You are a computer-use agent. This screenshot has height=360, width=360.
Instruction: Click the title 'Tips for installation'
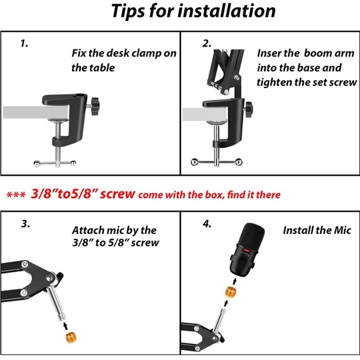(x=192, y=11)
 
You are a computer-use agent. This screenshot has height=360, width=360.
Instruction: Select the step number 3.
(x=25, y=224)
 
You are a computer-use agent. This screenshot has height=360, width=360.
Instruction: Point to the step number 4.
(x=207, y=224)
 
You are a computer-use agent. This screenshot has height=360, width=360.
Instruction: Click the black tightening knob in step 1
(x=97, y=107)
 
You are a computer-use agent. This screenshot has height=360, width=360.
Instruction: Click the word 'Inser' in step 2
(x=269, y=53)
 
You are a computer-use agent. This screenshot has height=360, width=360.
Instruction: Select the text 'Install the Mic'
(x=317, y=230)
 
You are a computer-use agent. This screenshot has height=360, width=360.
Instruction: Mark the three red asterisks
(x=16, y=195)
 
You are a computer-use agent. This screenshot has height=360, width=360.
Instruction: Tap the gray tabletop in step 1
(x=25, y=113)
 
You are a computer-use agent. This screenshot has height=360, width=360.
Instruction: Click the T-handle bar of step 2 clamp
(x=215, y=163)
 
